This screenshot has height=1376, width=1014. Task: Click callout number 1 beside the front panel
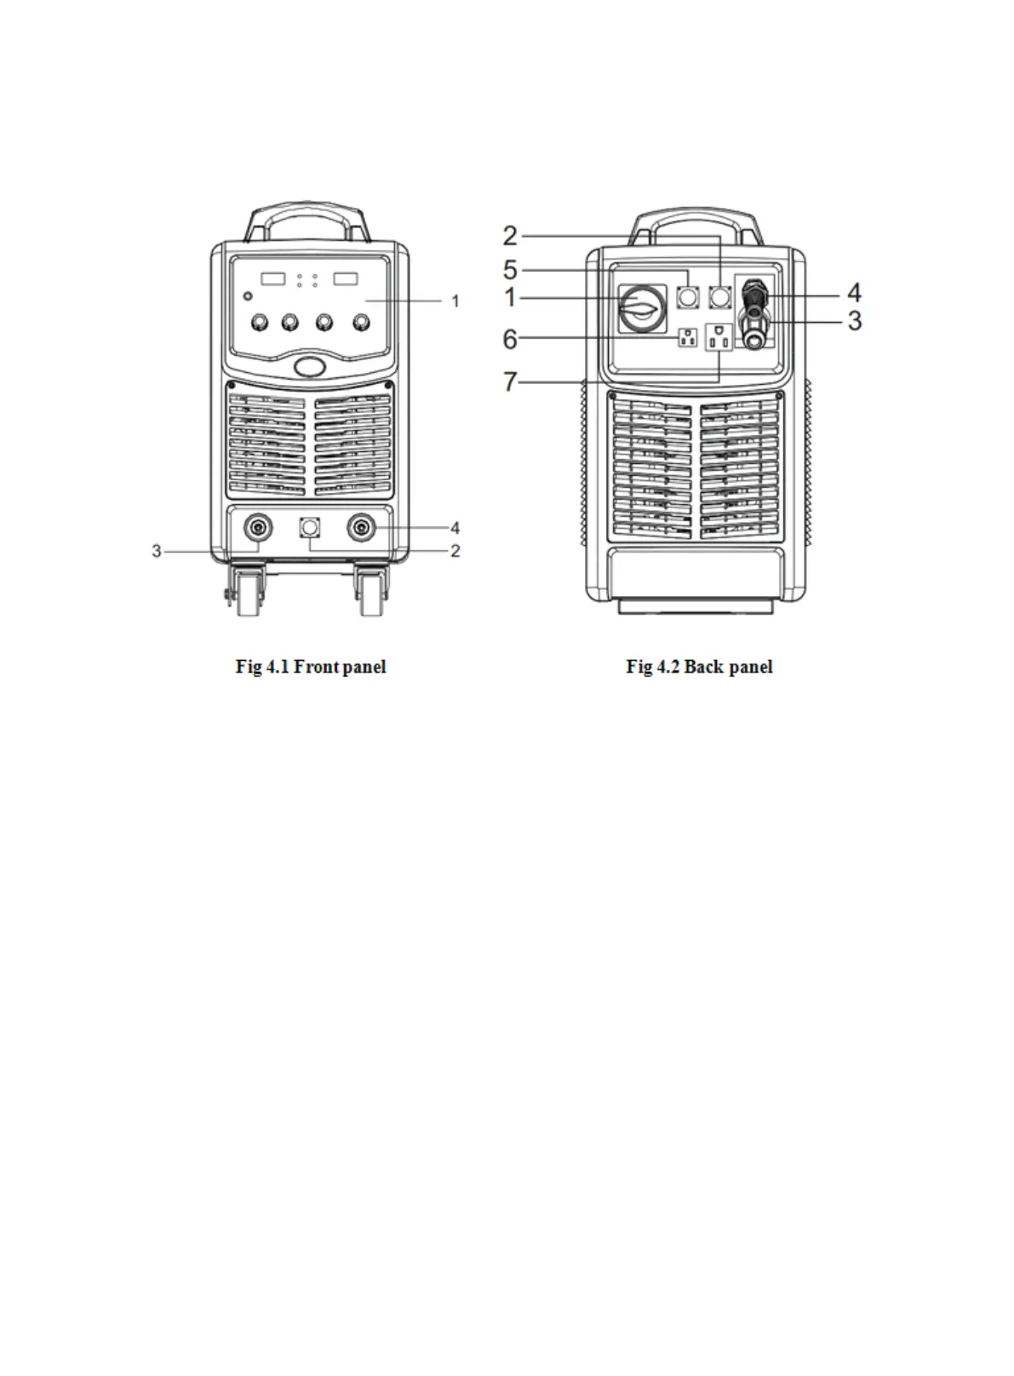point(455,301)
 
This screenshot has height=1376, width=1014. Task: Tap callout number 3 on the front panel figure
point(157,552)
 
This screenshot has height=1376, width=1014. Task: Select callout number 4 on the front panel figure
point(455,528)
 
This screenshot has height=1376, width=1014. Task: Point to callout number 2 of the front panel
point(455,552)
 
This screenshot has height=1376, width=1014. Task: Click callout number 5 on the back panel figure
point(510,271)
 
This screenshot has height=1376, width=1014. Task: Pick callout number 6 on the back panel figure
point(510,339)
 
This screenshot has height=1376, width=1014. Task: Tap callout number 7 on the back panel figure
point(510,381)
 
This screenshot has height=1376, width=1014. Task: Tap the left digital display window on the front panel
point(273,278)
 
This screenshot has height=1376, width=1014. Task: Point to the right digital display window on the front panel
point(345,278)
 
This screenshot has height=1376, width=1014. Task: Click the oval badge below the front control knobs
point(310,366)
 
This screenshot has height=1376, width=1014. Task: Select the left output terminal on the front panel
point(256,528)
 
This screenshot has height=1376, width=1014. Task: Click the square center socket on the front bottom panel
point(310,529)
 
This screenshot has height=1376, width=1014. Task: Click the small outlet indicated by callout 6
point(686,337)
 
